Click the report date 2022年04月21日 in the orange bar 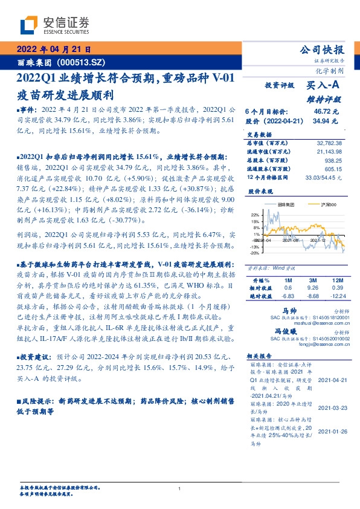point(53,50)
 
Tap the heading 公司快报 point(326,50)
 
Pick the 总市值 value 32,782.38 point(330,142)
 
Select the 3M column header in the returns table point(312,280)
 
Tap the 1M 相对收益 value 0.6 point(286,288)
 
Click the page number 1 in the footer point(180,488)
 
